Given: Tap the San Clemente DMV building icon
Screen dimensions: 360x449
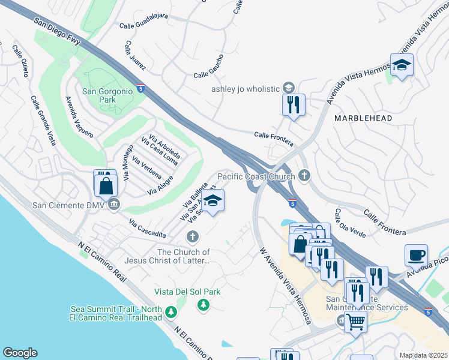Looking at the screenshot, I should pyautogui.click(x=114, y=205).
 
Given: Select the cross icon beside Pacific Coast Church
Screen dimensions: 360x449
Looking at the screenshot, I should pyautogui.click(x=304, y=176).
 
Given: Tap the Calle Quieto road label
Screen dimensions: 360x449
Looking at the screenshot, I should pyautogui.click(x=23, y=61).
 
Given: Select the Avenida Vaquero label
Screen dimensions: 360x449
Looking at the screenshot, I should pyautogui.click(x=79, y=117).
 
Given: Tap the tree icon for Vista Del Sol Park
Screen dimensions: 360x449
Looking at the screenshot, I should pyautogui.click(x=203, y=305).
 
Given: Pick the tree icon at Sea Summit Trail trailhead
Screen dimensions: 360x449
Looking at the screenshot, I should pyautogui.click(x=172, y=312).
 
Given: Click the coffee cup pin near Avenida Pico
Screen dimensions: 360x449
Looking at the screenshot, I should pyautogui.click(x=416, y=254).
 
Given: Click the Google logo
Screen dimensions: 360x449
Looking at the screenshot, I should pyautogui.click(x=20, y=353).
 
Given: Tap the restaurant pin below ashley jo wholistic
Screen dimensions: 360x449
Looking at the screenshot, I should pyautogui.click(x=294, y=104).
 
